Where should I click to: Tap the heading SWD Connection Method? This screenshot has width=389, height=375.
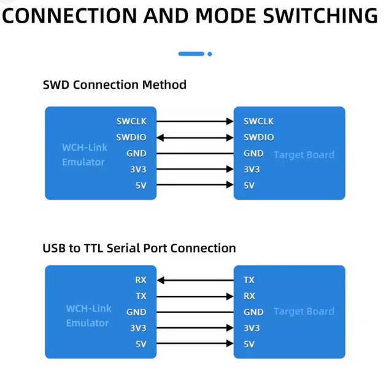(114, 85)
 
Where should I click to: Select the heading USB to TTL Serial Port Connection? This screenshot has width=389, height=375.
(139, 248)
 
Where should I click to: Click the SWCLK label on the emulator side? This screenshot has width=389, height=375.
(131, 121)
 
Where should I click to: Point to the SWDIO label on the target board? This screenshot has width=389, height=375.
(258, 137)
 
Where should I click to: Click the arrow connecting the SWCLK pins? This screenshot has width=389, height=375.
(195, 121)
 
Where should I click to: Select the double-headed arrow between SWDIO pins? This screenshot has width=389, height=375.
(195, 137)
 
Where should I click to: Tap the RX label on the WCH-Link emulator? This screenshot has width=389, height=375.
(141, 280)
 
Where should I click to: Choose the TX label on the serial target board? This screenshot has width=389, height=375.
(249, 280)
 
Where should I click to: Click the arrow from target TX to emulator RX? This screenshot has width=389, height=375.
(195, 280)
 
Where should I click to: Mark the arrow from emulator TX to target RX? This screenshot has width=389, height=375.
(195, 296)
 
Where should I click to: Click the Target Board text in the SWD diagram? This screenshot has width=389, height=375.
(304, 155)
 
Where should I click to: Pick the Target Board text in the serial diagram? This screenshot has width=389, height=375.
(304, 312)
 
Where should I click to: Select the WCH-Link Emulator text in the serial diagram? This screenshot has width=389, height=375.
(88, 316)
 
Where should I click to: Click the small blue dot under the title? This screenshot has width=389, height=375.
(210, 54)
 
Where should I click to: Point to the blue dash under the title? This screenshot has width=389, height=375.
(191, 54)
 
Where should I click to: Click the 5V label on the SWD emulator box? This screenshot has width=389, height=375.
(141, 185)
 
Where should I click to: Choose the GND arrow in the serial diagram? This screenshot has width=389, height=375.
(195, 312)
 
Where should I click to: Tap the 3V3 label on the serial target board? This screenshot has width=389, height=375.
(252, 328)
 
